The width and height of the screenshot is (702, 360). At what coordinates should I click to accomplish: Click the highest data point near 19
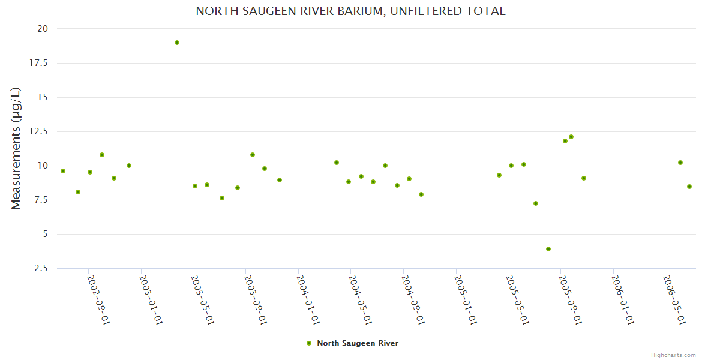[177, 43]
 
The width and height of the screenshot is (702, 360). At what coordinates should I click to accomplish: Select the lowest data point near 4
[548, 249]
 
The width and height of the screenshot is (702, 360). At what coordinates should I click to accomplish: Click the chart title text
[351, 11]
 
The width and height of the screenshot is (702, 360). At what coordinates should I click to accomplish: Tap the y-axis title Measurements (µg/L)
[16, 148]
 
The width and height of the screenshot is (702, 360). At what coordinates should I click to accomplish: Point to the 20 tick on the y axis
[43, 28]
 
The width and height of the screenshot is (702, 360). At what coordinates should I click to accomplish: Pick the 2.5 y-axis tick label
[41, 268]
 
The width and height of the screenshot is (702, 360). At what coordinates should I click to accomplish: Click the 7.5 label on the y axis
[41, 200]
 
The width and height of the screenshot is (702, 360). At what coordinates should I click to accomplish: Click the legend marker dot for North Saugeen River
[309, 343]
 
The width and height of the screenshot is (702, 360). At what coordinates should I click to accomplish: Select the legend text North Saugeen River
[358, 343]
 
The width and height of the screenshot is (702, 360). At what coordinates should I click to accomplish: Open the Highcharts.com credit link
[673, 355]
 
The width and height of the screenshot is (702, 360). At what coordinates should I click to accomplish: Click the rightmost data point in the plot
[689, 187]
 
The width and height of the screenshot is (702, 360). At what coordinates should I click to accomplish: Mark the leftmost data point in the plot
[63, 171]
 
